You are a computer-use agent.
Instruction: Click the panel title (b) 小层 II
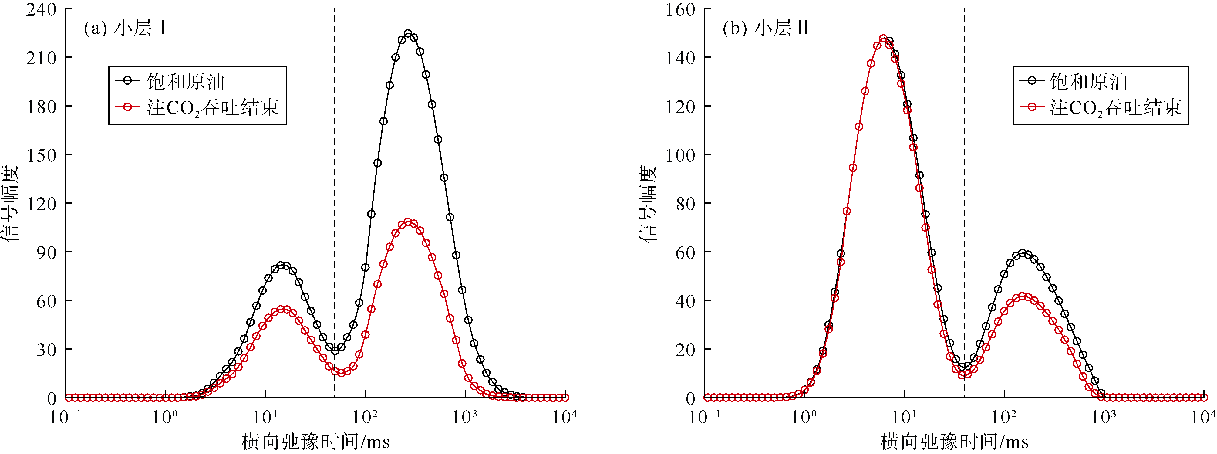(765, 28)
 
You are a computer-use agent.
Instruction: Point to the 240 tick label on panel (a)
(41, 9)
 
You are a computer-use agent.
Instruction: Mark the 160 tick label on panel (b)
(680, 9)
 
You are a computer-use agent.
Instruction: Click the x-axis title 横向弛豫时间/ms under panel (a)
(315, 442)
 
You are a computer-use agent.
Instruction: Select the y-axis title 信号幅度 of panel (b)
(648, 203)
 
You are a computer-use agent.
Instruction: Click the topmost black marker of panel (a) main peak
(408, 34)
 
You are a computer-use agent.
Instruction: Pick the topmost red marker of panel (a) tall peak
(408, 222)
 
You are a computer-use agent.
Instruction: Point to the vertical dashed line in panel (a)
(335, 189)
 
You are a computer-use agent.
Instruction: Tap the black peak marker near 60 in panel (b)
(1022, 253)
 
